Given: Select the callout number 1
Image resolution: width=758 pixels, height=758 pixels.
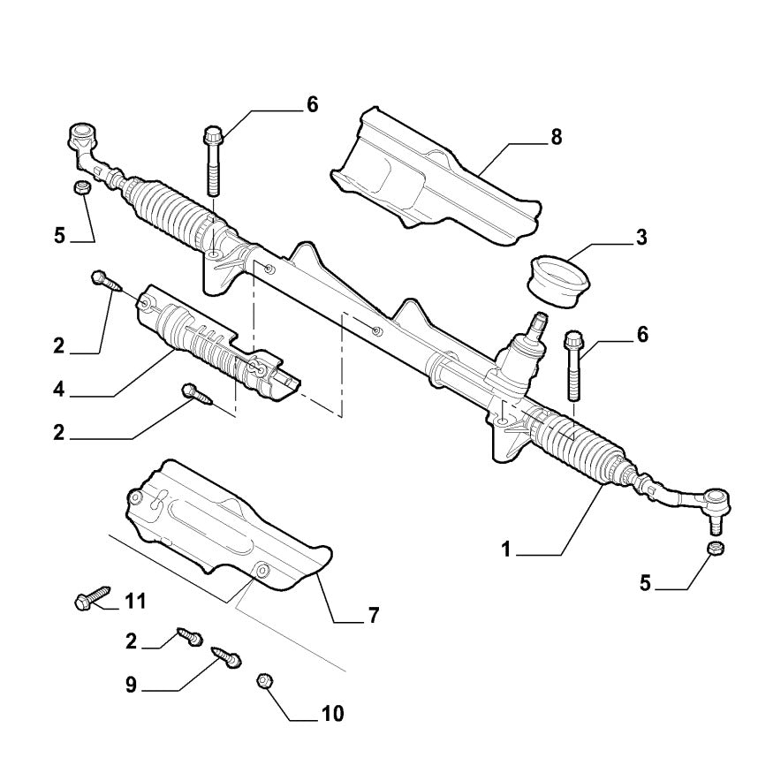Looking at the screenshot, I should point(506,550).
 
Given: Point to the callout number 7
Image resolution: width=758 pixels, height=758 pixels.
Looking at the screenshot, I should point(373,616).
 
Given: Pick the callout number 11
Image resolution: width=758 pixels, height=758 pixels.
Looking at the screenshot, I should point(134,602).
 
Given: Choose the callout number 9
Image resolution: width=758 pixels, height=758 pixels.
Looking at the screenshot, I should point(131,686).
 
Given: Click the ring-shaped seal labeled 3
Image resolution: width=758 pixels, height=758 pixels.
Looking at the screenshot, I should point(560,279).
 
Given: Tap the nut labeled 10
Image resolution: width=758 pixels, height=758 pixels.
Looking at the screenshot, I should point(262,681).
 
